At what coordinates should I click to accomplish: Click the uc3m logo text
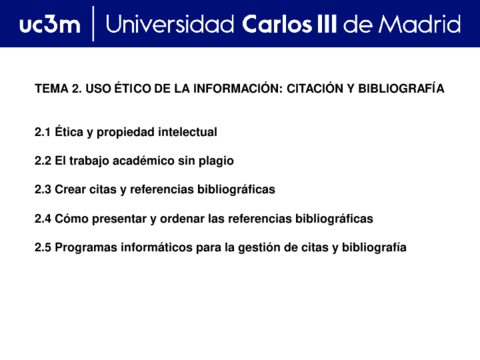(x=48, y=24)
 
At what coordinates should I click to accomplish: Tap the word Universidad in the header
(x=171, y=24)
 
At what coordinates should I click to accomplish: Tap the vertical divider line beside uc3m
(x=92, y=24)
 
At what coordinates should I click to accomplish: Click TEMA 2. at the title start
(x=57, y=89)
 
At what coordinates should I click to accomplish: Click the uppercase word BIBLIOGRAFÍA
(x=404, y=89)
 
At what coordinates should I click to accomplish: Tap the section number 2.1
(x=43, y=132)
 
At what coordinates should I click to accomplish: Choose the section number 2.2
(x=43, y=160)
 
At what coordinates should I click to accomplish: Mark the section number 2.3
(x=43, y=189)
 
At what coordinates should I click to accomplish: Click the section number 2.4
(x=43, y=218)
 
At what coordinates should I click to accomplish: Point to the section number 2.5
(x=43, y=247)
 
